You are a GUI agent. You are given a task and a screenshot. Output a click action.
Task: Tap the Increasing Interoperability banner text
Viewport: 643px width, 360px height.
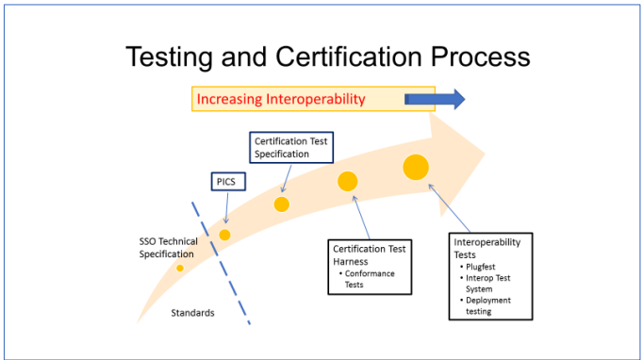(x=280, y=98)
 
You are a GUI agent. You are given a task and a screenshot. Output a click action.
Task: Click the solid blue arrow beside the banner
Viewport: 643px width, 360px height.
(x=435, y=98)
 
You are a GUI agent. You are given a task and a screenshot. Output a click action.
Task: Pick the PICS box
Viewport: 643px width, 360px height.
(x=224, y=182)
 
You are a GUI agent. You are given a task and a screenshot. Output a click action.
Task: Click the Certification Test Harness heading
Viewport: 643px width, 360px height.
(x=369, y=255)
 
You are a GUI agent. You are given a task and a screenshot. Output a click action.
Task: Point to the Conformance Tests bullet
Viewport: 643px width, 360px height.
(x=370, y=279)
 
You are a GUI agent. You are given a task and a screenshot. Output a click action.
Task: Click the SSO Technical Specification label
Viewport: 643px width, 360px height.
(x=169, y=248)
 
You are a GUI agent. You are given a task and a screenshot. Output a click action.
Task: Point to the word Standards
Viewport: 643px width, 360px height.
(x=192, y=313)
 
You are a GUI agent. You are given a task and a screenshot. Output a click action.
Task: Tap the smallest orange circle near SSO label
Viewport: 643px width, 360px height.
(x=180, y=268)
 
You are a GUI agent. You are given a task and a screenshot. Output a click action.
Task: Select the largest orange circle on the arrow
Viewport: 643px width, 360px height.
(x=416, y=167)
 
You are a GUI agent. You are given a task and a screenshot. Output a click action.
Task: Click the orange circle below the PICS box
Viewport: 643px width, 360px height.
(x=224, y=235)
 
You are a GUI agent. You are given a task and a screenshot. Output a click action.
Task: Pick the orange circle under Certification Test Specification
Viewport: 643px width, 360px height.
(x=281, y=204)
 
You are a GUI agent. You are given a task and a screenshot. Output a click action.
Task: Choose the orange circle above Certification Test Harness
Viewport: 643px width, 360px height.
(x=348, y=182)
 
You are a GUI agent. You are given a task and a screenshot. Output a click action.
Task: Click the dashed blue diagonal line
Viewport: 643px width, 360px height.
(x=222, y=263)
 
